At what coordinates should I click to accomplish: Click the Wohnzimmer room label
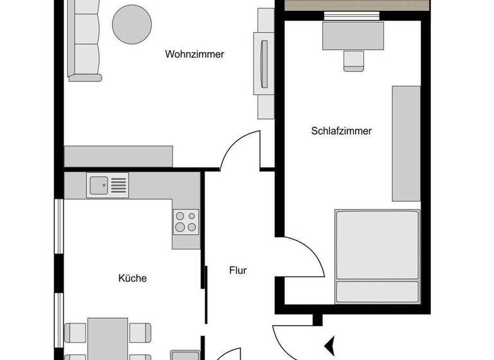tap(194, 55)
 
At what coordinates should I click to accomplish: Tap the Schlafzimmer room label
tap(342, 131)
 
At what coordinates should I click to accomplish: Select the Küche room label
tap(133, 278)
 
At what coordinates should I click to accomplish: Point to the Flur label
tap(238, 271)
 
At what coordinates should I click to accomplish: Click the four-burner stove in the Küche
tap(186, 222)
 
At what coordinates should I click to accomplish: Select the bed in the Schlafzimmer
tap(377, 255)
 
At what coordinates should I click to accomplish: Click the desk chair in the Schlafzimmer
tap(352, 60)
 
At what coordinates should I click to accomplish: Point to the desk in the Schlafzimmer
tap(353, 35)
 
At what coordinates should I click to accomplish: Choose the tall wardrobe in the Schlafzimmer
tap(406, 143)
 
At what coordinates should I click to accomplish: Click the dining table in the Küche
tap(108, 339)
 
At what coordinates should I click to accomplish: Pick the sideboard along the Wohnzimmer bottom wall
tap(118, 156)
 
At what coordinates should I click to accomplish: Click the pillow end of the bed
tap(377, 291)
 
